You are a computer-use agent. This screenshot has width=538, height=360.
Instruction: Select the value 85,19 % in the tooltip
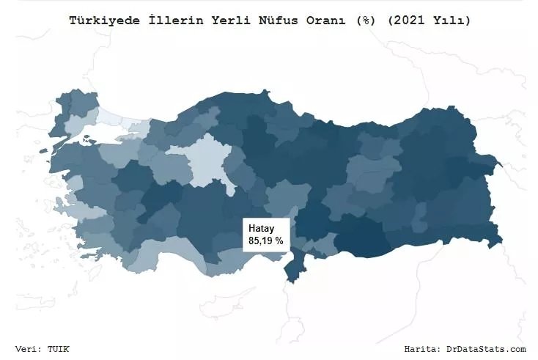[265, 240]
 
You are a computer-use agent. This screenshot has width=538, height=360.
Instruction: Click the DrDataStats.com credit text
[487, 348]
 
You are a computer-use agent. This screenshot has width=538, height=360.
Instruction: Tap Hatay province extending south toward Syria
[294, 268]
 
